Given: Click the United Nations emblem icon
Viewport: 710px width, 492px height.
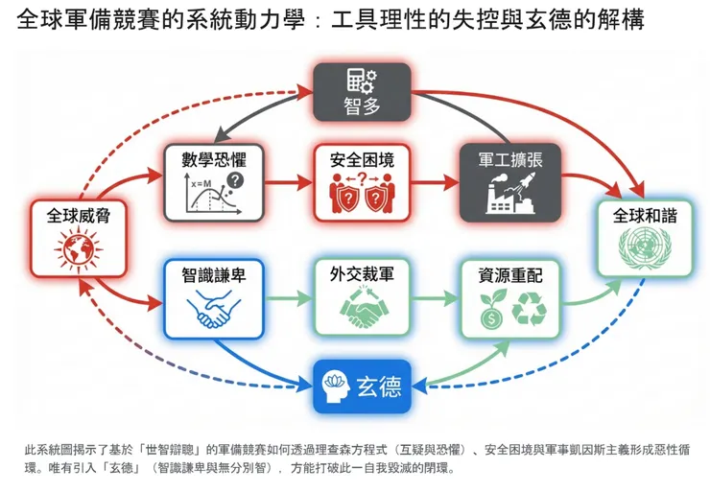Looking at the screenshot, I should (645, 252).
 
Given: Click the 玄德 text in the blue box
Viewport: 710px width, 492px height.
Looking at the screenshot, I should (378, 388).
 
